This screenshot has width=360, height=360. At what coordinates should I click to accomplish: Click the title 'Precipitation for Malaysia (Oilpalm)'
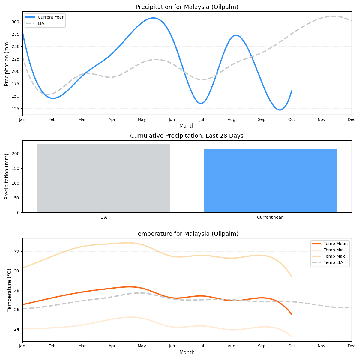click(x=187, y=7)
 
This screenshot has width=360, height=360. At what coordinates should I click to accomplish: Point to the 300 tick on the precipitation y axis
click(x=15, y=22)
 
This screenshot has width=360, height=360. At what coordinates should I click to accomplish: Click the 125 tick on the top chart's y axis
click(x=15, y=109)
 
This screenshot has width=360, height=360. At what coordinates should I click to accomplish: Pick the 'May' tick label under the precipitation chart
click(x=142, y=119)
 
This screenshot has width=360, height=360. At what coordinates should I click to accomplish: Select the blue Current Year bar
click(x=270, y=180)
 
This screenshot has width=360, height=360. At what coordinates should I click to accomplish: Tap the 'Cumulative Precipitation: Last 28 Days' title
click(x=187, y=136)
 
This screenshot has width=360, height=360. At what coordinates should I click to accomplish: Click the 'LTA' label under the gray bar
click(x=104, y=217)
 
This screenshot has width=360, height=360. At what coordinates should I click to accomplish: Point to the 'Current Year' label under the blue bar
click(x=270, y=217)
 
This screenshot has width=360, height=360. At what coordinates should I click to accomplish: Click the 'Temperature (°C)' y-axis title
click(x=9, y=290)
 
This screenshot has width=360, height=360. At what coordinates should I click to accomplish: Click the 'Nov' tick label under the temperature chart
click(x=322, y=346)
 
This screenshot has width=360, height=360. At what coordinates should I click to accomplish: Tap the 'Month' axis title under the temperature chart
click(x=187, y=353)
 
